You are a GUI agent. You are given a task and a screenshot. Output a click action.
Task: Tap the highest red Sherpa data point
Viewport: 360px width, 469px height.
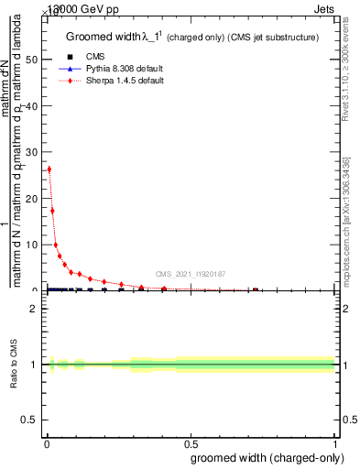[x=49, y=169]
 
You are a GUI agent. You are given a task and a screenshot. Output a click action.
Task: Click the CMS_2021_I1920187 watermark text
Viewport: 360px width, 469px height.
[x=190, y=274]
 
